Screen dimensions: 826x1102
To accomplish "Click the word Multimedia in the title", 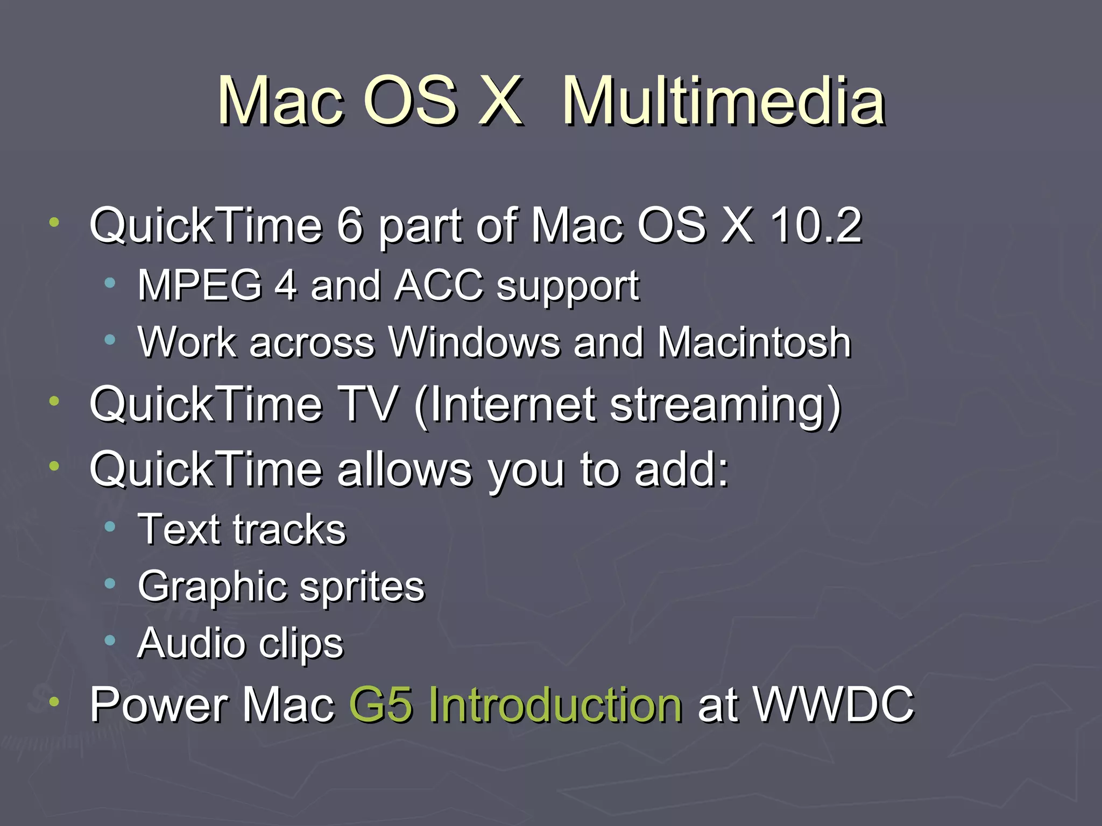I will (x=723, y=101).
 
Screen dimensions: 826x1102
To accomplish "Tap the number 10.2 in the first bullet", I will (x=816, y=226).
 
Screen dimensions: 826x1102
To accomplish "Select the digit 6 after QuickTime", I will (x=350, y=226).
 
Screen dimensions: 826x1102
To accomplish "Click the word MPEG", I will (x=200, y=285).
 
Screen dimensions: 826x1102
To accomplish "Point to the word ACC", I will (x=439, y=285).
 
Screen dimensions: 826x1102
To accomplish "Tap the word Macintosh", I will (x=754, y=342).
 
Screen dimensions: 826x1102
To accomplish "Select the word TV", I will (x=371, y=404).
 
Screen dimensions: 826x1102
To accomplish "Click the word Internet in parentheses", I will (x=506, y=404).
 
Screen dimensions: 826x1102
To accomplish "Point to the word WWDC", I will (x=833, y=704).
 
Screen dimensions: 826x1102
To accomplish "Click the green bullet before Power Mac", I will (x=54, y=701).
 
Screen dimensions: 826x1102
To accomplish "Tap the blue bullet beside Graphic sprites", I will (x=110, y=583).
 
